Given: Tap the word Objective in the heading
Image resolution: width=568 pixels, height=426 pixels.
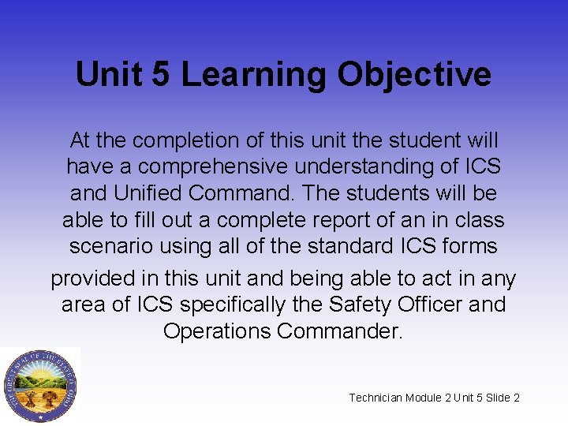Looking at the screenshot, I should point(414,75).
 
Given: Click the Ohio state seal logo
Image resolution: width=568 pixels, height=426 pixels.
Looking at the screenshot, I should point(39,386).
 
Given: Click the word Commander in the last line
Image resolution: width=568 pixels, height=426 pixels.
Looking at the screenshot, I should point(340,331).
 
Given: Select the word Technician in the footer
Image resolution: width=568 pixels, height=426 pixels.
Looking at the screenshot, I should point(376,398).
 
